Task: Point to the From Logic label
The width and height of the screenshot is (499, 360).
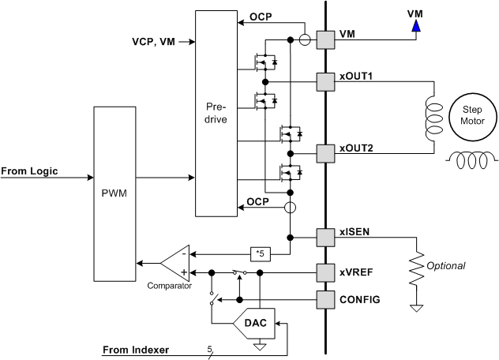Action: pos(29,171)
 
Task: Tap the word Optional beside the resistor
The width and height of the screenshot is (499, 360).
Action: pos(447,266)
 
